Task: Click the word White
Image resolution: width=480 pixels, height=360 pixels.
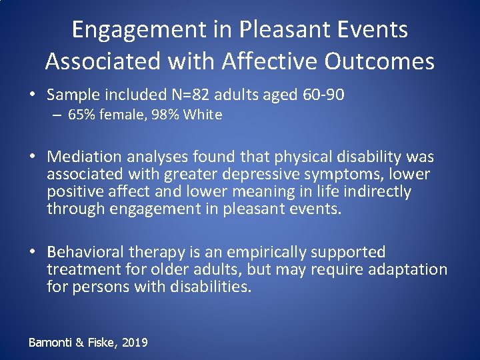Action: point(203,115)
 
